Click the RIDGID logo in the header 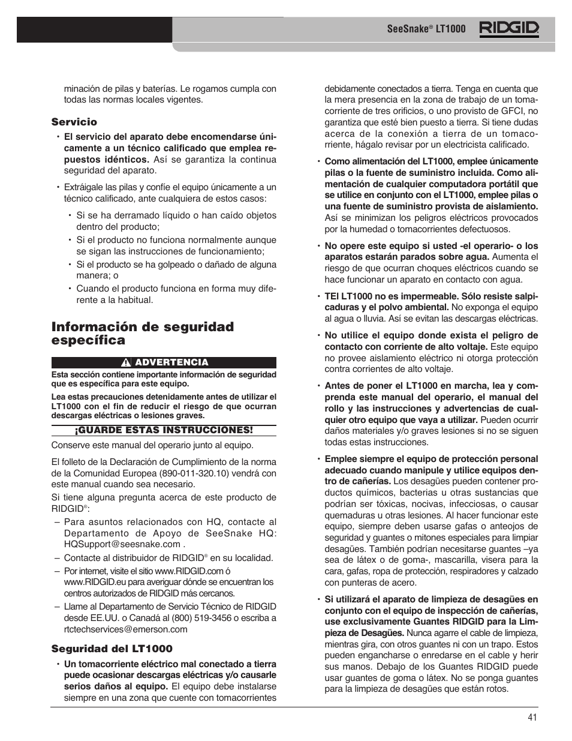tap(508, 29)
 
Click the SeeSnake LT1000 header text tap(417, 29)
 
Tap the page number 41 tap(533, 717)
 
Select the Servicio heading tap(74, 122)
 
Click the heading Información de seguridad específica tap(142, 334)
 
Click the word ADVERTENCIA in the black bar tap(171, 362)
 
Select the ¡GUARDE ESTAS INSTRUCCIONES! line tap(164, 430)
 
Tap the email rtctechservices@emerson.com tap(126, 629)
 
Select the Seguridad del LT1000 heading tap(112, 649)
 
